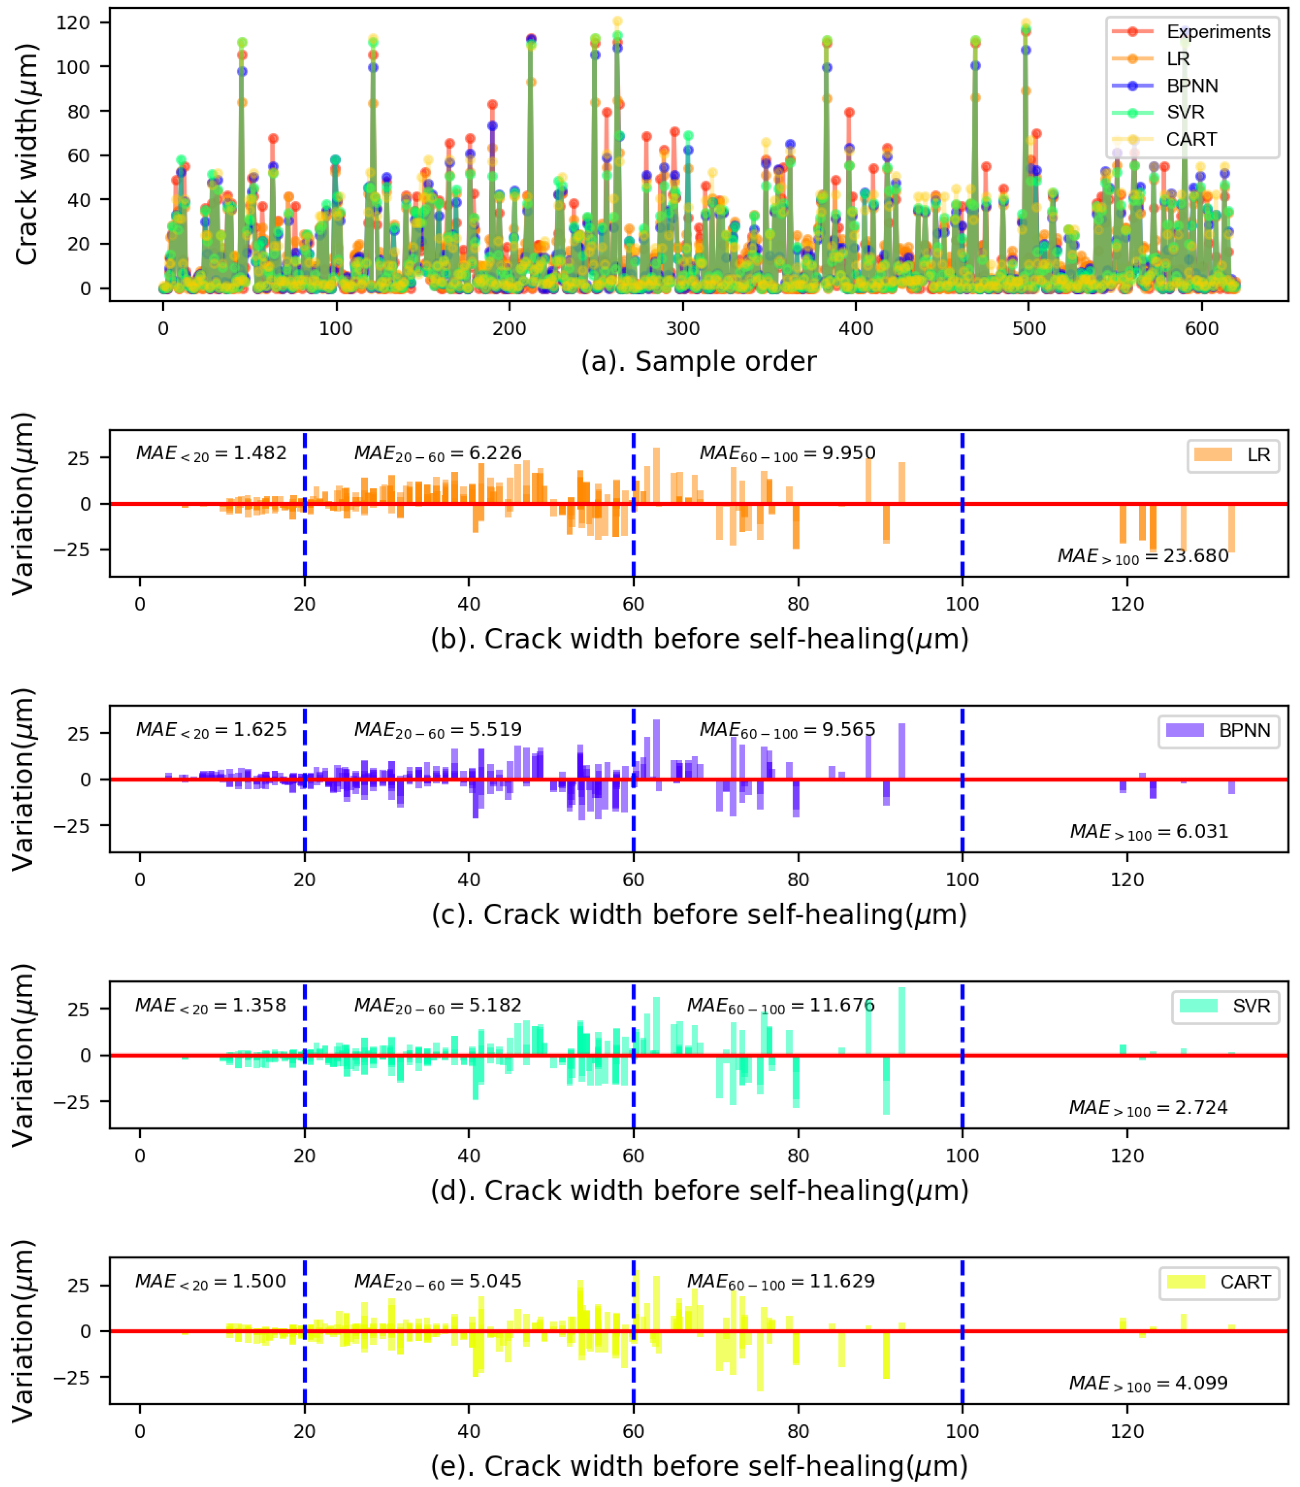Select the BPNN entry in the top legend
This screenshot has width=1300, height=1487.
[1191, 86]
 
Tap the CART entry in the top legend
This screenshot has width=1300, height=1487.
[1191, 139]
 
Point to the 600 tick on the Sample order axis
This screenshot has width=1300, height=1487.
[1201, 329]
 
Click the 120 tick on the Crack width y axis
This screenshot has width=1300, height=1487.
[73, 23]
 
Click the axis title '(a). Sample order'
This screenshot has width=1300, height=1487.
[698, 362]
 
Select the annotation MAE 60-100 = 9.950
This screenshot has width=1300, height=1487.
[787, 454]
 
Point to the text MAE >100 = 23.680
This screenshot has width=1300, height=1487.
[1143, 557]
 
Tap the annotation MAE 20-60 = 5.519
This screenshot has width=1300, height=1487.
[438, 729]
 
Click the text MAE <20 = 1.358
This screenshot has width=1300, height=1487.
[210, 1005]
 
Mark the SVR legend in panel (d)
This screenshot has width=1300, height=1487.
[1225, 1007]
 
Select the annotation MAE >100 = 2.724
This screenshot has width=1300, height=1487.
[1148, 1108]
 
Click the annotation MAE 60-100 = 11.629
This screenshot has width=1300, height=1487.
[780, 1281]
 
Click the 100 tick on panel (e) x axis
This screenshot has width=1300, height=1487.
[962, 1432]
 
